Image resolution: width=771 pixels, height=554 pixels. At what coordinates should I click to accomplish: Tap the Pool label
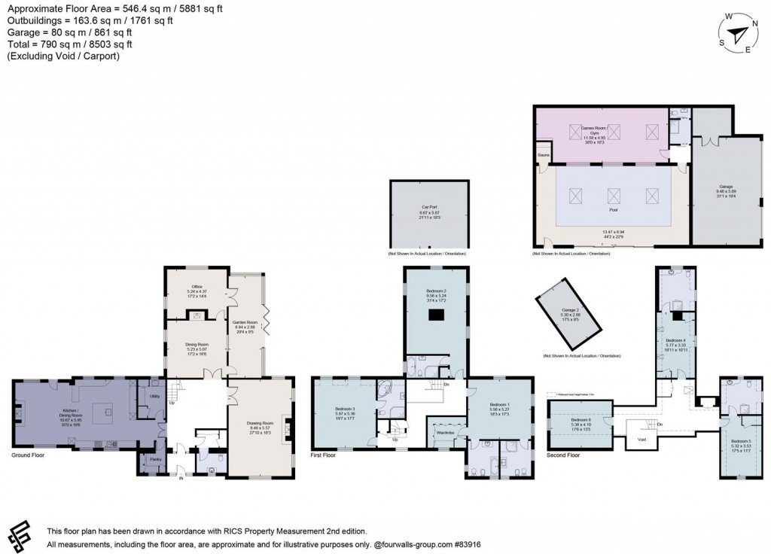612,190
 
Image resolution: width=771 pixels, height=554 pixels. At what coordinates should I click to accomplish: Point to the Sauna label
542,156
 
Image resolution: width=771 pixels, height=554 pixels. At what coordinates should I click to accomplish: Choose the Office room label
197,287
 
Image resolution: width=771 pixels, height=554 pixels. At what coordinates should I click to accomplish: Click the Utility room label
154,395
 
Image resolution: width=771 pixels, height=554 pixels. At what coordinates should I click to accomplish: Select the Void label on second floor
641,439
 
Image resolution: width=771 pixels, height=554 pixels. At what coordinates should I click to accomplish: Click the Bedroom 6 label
580,419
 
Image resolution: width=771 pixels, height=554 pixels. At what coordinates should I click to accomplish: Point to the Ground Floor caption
29,456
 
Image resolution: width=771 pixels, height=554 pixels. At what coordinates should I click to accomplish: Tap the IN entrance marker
180,476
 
